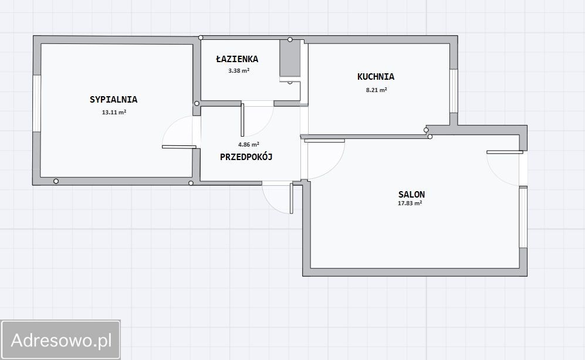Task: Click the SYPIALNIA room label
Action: click(113, 100)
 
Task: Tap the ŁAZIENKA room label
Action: click(237, 59)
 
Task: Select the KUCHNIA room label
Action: click(376, 77)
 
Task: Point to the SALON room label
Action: click(411, 194)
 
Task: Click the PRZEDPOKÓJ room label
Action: click(246, 157)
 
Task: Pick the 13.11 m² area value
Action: click(114, 112)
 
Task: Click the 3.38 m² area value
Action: click(239, 70)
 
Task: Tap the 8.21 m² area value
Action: click(377, 90)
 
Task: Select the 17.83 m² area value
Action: click(410, 203)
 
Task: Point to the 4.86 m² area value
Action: click(249, 144)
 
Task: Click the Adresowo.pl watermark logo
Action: click(61, 340)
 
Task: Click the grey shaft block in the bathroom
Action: click(290, 58)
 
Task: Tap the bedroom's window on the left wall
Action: click(36, 103)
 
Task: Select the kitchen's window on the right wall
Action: click(454, 91)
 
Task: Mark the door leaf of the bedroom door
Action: click(179, 147)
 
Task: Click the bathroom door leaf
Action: click(242, 120)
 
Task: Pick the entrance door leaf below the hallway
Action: click(292, 198)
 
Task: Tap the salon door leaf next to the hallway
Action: click(324, 141)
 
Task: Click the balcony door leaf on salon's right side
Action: click(505, 152)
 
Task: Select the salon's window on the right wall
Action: click(523, 218)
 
